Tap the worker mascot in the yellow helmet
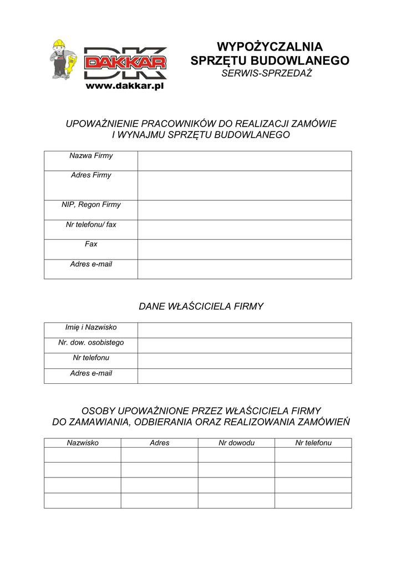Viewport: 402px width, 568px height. (62, 59)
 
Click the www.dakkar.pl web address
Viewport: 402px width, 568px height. (125, 86)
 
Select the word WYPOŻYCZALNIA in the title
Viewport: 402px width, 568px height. (269, 46)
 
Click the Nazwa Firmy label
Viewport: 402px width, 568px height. (91, 156)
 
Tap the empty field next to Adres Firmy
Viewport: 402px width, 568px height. (245, 185)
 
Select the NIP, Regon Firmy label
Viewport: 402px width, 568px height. (91, 205)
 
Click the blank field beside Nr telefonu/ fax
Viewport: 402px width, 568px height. (245, 230)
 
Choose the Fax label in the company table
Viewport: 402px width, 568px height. (91, 244)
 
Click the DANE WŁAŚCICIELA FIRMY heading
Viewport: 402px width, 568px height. (201, 306)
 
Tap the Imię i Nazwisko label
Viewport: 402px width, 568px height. (91, 327)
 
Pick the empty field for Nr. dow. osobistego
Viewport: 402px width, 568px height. (245, 345)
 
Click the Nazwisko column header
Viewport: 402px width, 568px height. (83, 443)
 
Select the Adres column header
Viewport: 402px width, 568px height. (160, 443)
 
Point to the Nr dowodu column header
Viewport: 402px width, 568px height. (236, 443)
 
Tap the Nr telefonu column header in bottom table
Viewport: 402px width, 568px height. (313, 443)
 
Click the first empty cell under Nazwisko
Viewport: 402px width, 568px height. (83, 455)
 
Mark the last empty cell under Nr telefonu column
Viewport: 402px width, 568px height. (313, 500)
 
